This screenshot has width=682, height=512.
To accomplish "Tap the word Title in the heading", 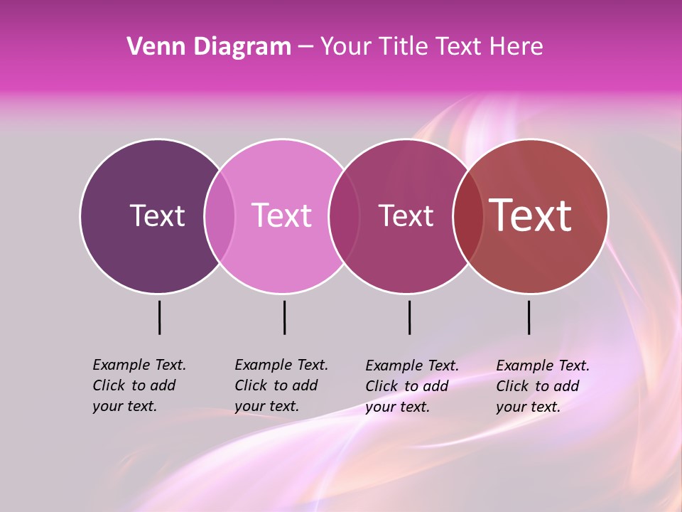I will point(403,46).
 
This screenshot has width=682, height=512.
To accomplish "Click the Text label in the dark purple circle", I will point(157,215).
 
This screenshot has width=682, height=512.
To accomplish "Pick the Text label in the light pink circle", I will point(282,215).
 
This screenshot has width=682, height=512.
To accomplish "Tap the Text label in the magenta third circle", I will point(406,215).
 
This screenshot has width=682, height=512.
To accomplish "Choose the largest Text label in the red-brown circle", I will point(531,215).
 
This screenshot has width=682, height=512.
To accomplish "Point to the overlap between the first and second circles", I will point(220,215).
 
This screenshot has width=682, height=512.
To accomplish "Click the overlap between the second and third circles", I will point(344,215).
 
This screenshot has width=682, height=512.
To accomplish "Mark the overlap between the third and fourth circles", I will point(468,215).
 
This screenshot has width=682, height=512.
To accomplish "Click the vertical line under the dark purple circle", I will point(159,317).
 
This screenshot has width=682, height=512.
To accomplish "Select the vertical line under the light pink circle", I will point(284,317).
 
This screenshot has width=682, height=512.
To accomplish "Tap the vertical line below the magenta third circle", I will point(409,317).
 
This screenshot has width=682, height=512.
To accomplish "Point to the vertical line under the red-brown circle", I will point(529,317).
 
